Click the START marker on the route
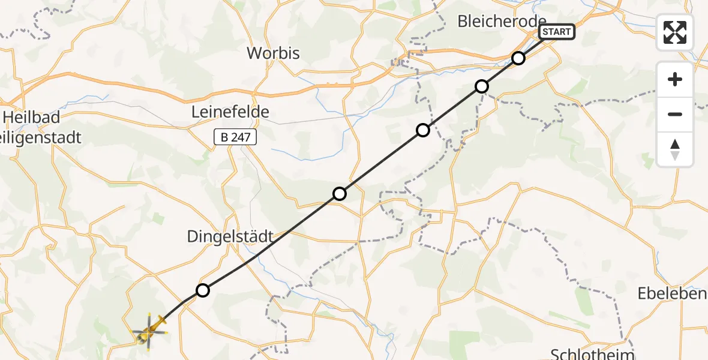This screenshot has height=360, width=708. (x=557, y=32)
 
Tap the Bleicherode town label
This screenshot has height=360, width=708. (x=502, y=22)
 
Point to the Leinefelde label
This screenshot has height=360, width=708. (x=230, y=112)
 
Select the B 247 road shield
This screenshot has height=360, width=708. (x=235, y=137)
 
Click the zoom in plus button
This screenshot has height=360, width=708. (x=675, y=79)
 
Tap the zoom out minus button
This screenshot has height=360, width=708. (x=675, y=114)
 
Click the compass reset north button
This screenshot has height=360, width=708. (x=675, y=149)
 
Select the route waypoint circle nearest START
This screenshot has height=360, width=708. (x=518, y=58)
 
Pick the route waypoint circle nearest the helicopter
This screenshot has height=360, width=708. (x=203, y=290)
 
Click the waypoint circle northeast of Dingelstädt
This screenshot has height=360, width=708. (x=340, y=193)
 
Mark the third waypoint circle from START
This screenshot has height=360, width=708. (x=423, y=130)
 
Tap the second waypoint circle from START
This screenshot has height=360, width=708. (x=482, y=86)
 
